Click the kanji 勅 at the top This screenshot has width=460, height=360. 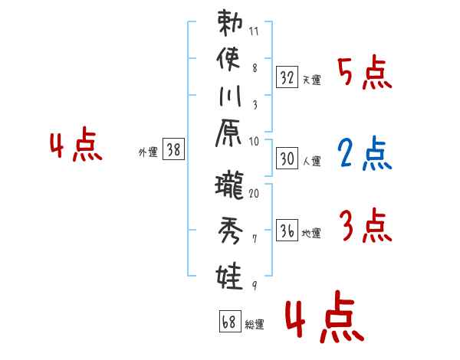coord(231,25)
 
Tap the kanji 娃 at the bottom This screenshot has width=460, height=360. coord(231,274)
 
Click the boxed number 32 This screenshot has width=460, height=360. coord(287,77)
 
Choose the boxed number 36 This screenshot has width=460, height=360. coord(287,231)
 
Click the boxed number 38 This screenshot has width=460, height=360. coord(174,150)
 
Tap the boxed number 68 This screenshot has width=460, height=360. coord(228,322)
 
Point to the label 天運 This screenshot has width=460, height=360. coord(312,80)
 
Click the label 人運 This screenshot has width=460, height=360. coord(312,160)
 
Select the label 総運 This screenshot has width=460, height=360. coord(254,325)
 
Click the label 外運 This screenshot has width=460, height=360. coord(148,152)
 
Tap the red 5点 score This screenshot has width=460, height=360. coord(364,74)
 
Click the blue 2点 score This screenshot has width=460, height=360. coord(364,153)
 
